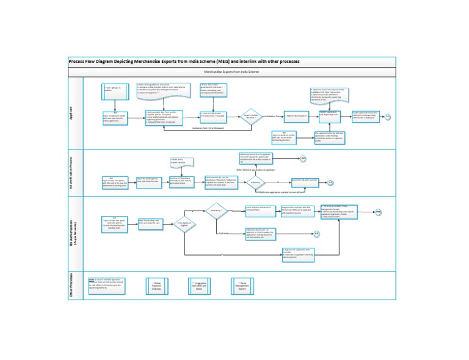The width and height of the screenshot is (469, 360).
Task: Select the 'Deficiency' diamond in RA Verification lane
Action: (x=255, y=182)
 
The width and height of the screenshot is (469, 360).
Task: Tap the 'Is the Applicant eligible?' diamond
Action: (x=184, y=224)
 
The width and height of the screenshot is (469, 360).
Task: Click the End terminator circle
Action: (x=378, y=212)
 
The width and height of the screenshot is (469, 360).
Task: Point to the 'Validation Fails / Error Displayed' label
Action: (x=207, y=129)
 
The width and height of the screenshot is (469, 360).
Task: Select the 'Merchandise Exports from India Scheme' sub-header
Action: (x=231, y=72)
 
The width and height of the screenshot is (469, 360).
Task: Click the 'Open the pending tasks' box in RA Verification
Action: (x=148, y=181)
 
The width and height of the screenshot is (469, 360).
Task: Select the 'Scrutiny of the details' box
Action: (x=184, y=182)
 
